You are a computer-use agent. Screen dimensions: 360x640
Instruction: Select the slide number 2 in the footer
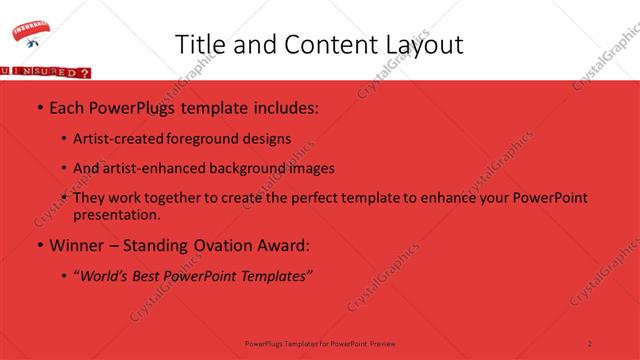tap(590, 343)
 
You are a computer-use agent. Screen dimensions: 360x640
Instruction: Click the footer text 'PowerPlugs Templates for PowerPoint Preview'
tap(320, 343)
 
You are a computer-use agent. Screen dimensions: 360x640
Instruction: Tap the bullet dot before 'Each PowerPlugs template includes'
tap(39, 107)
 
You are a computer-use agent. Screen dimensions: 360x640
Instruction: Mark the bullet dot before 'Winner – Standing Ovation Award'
tap(39, 245)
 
